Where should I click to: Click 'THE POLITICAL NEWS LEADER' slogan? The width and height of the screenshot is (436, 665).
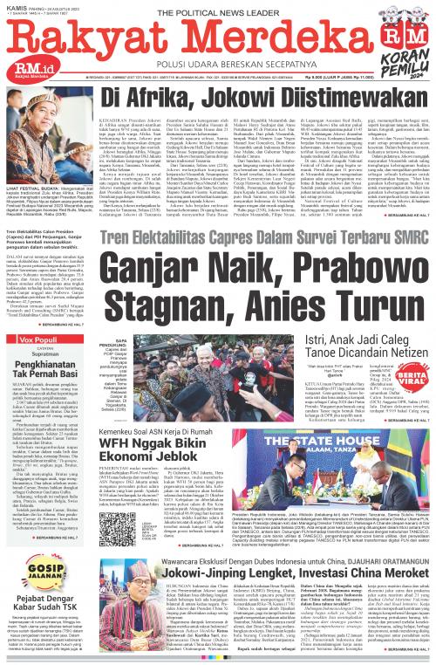(218, 7)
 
